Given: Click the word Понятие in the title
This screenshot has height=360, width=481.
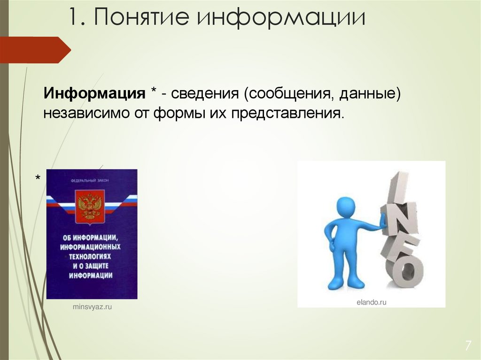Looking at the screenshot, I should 141,17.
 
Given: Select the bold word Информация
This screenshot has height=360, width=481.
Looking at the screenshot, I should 94,93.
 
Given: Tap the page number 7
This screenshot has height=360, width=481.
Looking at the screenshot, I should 468,346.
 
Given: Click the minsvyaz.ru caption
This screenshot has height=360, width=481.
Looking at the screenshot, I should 93,306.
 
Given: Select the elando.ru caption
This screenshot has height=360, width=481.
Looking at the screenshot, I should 371,303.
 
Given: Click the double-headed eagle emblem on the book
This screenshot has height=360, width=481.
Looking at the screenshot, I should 90,207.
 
